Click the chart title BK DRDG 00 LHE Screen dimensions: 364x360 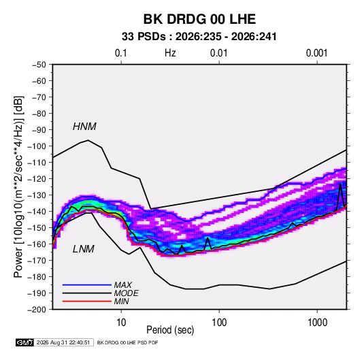[x=199, y=19]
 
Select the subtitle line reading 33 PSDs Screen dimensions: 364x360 [x=199, y=37]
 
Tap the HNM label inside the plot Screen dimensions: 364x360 [x=84, y=127]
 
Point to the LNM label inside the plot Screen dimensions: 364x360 [x=84, y=249]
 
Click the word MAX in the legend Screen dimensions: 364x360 [x=122, y=285]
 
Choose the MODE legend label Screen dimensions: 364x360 [x=127, y=293]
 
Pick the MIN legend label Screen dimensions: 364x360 [x=121, y=301]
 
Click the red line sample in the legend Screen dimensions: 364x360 [x=87, y=301]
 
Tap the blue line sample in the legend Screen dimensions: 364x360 [x=87, y=285]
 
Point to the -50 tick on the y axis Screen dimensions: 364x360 [x=39, y=65]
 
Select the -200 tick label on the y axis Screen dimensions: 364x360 [x=37, y=310]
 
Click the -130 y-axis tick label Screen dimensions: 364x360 [x=37, y=195]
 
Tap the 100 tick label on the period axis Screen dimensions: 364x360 [x=219, y=323]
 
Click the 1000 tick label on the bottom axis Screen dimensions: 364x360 [x=317, y=323]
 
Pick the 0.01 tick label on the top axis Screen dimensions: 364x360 [x=218, y=53]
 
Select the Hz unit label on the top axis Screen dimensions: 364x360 [x=170, y=53]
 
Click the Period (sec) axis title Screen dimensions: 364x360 [x=170, y=330]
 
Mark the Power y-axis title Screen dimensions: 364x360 [x=18, y=186]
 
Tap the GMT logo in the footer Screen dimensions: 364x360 [x=24, y=342]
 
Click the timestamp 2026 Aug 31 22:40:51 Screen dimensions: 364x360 [x=63, y=342]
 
